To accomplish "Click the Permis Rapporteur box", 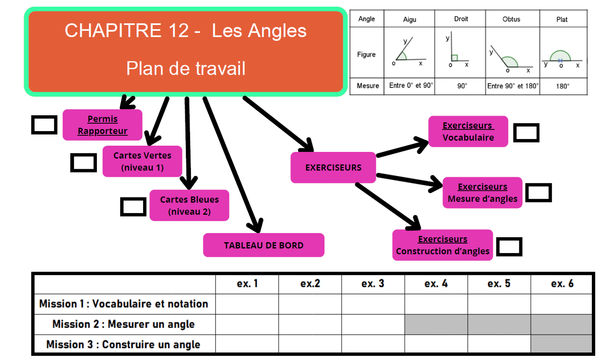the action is (x=102, y=125).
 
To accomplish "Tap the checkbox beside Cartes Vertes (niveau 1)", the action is (x=83, y=163).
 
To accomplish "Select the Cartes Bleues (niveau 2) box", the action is (x=189, y=205).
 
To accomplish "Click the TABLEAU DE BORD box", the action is (x=263, y=245).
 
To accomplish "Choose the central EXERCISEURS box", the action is (x=333, y=167).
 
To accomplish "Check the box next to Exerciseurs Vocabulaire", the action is (x=526, y=133).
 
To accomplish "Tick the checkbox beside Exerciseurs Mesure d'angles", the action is (x=538, y=193).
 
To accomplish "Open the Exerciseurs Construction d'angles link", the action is (x=442, y=245).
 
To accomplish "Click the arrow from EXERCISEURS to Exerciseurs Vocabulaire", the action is (x=402, y=149).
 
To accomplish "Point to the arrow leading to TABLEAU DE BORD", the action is (x=232, y=163).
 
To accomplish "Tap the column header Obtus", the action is (x=511, y=19).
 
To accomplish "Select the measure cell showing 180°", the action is (x=562, y=86).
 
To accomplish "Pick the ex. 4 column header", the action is (x=436, y=284).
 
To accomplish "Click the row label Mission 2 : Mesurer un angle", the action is (x=124, y=324).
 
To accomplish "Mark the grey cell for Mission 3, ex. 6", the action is (x=561, y=344).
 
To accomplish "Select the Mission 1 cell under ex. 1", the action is (x=247, y=304).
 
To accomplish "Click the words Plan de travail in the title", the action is (x=186, y=68).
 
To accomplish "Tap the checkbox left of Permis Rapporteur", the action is (x=44, y=125).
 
